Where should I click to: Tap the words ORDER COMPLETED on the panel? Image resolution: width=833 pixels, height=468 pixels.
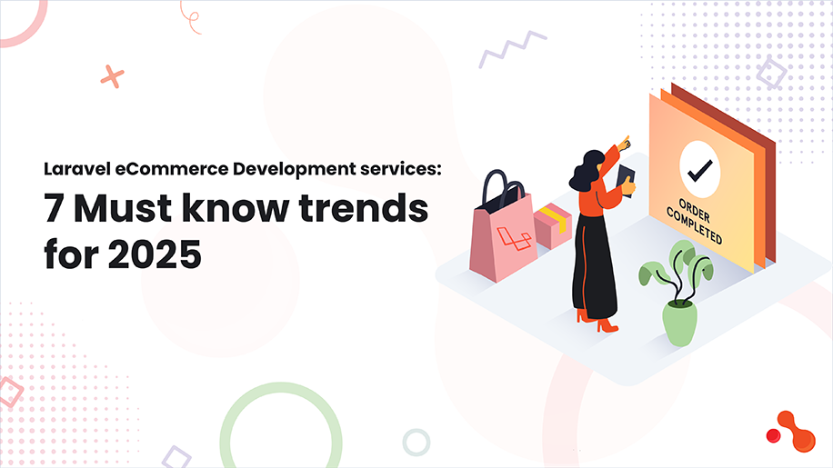coord(698,219)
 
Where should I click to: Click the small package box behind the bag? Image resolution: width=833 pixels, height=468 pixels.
coord(552,224)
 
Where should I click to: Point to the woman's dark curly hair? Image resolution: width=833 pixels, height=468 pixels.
coord(589,169)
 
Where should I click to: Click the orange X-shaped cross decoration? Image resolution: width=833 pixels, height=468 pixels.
coord(113,76)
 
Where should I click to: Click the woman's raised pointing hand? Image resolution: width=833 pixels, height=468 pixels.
coord(623,143)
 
